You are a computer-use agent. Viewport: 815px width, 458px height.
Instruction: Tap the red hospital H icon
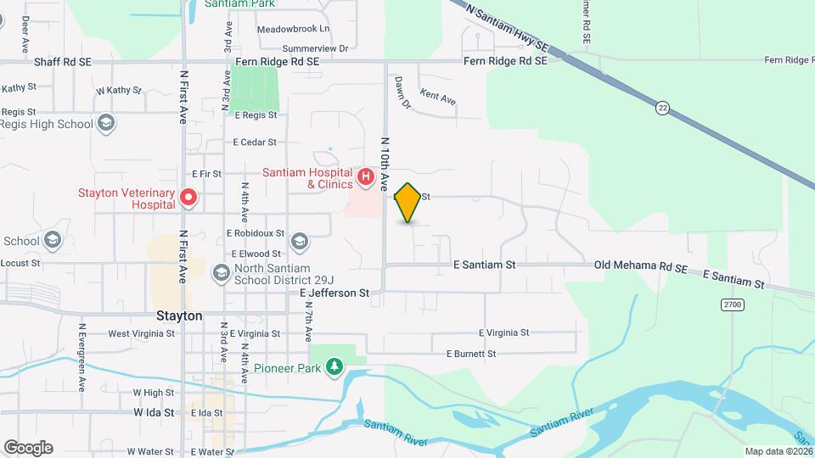[366, 176]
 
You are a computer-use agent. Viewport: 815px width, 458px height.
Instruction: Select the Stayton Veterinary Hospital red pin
[188, 198]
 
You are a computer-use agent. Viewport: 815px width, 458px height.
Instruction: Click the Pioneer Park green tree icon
[335, 366]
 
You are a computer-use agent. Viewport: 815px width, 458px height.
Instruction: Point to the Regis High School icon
[105, 124]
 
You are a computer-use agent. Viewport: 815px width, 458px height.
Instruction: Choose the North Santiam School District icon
[221, 273]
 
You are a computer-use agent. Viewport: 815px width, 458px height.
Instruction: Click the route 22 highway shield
[662, 108]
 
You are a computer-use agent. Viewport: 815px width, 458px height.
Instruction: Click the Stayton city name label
[179, 316]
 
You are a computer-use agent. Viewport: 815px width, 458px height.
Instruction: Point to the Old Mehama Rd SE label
[640, 266]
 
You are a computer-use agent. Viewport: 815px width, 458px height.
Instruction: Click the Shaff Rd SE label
[62, 62]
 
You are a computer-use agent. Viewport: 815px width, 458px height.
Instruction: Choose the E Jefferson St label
[334, 293]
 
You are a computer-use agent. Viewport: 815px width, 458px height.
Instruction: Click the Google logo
[28, 447]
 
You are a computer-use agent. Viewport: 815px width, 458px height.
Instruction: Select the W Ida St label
[153, 413]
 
